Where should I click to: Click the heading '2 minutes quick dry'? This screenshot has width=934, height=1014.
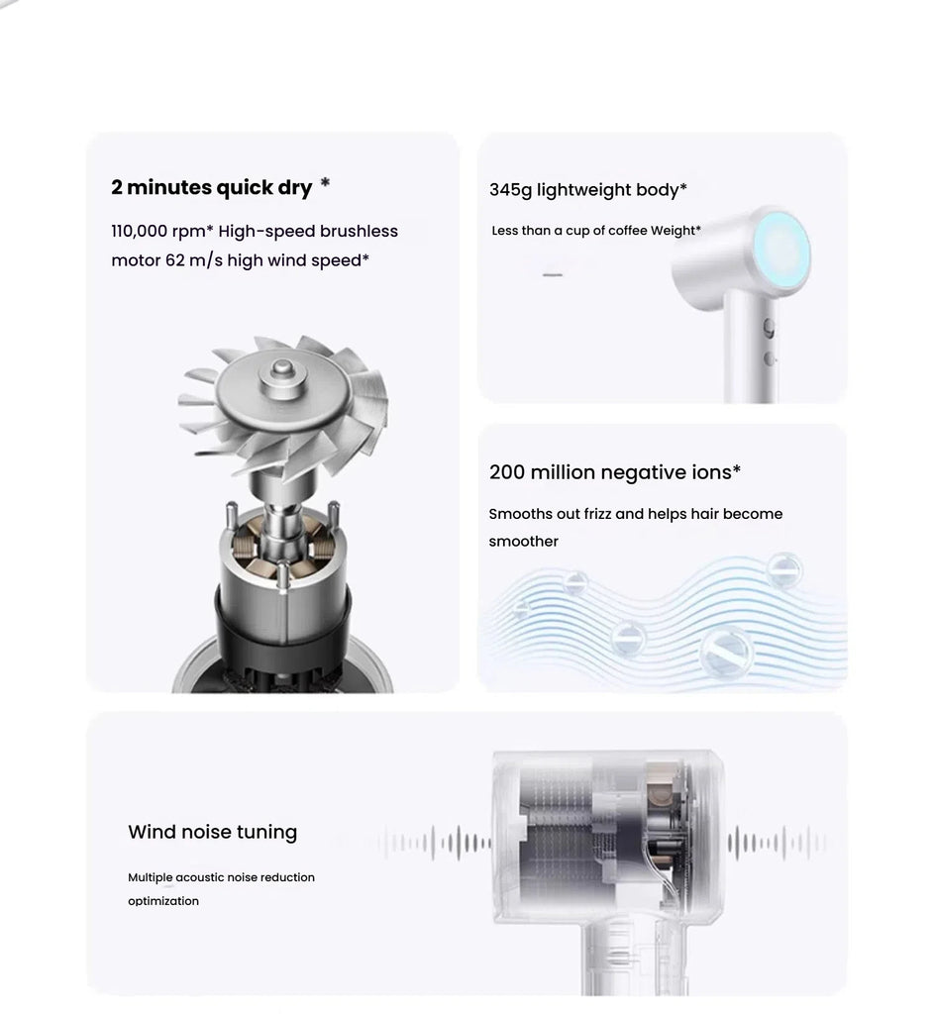click(x=212, y=187)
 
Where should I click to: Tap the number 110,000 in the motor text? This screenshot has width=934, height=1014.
click(x=139, y=232)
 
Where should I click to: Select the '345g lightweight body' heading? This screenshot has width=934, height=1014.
click(x=587, y=190)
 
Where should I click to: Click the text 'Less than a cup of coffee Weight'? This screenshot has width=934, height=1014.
click(x=595, y=231)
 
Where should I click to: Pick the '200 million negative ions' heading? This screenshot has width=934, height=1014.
click(x=614, y=472)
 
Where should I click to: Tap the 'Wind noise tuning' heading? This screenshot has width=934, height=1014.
click(x=212, y=832)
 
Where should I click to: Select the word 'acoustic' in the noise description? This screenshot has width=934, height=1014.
click(x=199, y=877)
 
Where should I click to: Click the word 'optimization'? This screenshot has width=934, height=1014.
click(x=163, y=901)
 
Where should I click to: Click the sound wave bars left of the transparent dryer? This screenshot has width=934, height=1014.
click(x=435, y=843)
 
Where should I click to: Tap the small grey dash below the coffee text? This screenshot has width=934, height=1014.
click(x=552, y=274)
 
